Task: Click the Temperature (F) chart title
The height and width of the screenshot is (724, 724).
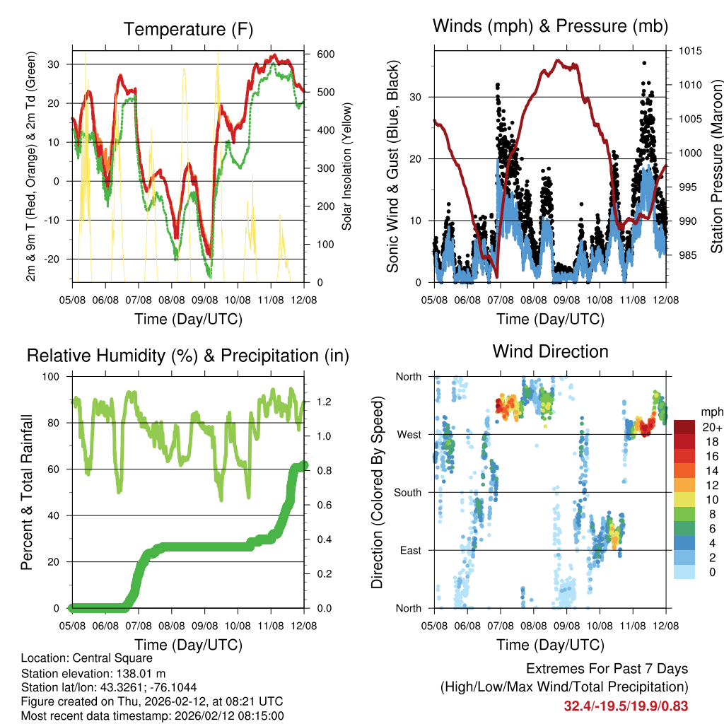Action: pos(188,29)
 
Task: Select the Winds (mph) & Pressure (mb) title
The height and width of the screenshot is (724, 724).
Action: pos(550,26)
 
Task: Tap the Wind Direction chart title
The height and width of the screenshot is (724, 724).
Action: pos(550,351)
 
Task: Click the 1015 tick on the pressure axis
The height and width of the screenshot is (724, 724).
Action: pos(689,51)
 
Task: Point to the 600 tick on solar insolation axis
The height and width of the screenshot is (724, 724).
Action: pos(325,54)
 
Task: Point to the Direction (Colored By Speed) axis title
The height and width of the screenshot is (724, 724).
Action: pos(378,492)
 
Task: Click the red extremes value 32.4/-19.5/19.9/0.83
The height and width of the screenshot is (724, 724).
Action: pos(626,706)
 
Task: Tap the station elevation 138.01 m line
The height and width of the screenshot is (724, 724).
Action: pos(93,673)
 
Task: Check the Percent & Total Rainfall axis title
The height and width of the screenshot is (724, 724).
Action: pos(27,492)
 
